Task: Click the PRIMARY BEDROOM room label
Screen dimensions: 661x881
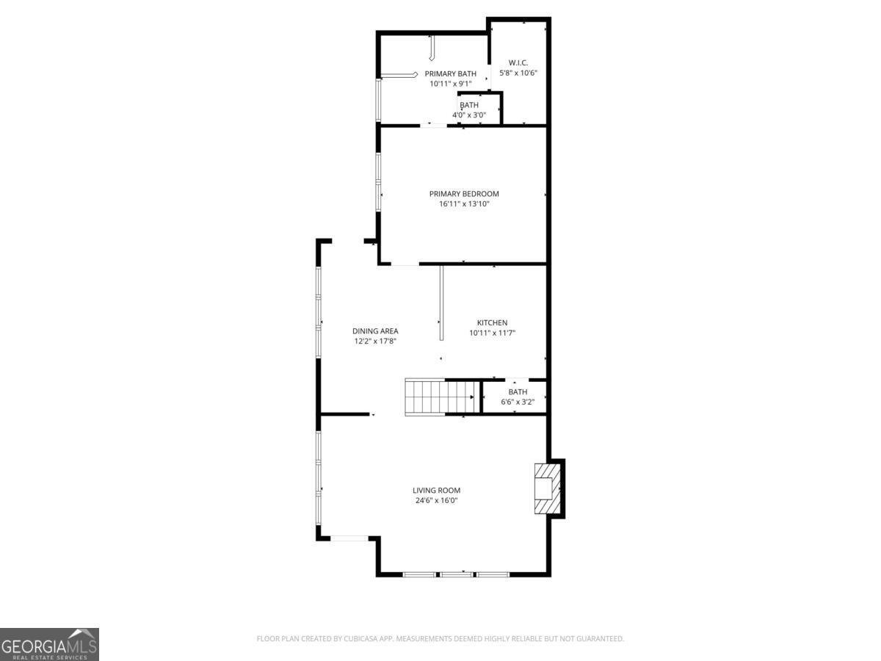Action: point(464,194)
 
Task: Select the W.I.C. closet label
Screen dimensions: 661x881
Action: point(513,63)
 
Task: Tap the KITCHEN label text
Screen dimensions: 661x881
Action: point(492,323)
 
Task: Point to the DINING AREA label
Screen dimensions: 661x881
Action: point(374,331)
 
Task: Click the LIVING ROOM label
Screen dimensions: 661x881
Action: point(436,491)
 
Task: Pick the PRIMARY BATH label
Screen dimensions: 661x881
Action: point(450,73)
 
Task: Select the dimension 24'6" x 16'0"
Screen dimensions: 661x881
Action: point(436,501)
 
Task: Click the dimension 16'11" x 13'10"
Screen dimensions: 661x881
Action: point(464,204)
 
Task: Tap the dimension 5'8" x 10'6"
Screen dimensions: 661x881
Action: point(519,73)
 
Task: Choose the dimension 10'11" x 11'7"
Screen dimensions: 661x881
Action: point(492,333)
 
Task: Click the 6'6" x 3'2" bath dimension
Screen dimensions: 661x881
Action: point(518,402)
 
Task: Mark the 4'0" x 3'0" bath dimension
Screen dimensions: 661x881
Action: point(469,115)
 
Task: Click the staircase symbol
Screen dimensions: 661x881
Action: point(440,397)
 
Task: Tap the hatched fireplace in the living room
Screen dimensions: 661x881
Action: point(546,488)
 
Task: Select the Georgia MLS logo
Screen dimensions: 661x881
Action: point(49,644)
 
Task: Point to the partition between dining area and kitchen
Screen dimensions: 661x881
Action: point(441,303)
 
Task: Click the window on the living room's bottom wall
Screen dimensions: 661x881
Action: point(456,574)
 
